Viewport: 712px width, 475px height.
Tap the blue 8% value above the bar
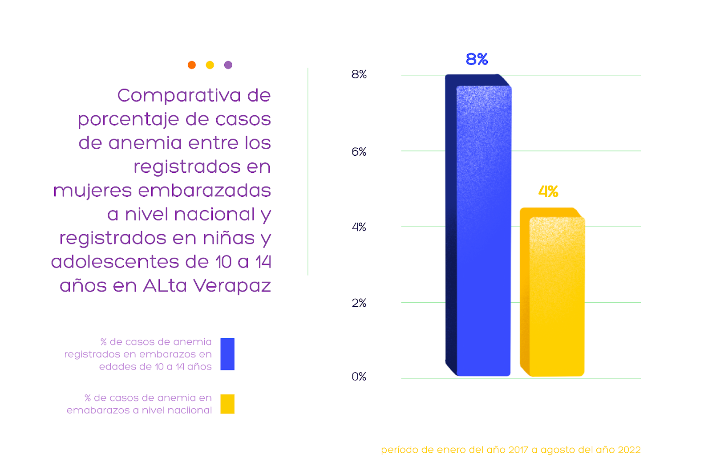point(477,59)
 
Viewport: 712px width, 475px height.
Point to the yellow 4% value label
point(548,192)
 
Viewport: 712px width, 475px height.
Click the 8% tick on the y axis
point(359,74)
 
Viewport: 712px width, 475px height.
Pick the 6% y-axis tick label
point(359,152)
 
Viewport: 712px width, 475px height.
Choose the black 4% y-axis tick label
point(359,227)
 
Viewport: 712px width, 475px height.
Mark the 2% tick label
point(359,303)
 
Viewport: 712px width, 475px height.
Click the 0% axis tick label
point(359,377)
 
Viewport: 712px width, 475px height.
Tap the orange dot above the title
point(192,65)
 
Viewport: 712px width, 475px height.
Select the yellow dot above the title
point(210,65)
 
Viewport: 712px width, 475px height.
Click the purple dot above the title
point(228,65)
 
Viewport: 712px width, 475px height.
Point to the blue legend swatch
point(227,354)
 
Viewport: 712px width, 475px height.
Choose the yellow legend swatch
point(227,404)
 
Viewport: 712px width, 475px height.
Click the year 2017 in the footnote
point(518,450)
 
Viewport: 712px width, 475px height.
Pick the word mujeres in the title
point(93,191)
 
